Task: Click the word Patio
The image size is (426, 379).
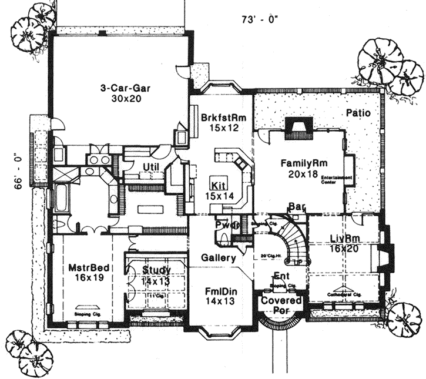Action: tap(358, 113)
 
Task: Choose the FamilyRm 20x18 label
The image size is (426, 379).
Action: tap(303, 168)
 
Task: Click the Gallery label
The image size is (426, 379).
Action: tap(219, 257)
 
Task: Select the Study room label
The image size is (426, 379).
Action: tap(156, 276)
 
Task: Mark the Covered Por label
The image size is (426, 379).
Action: tap(281, 305)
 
